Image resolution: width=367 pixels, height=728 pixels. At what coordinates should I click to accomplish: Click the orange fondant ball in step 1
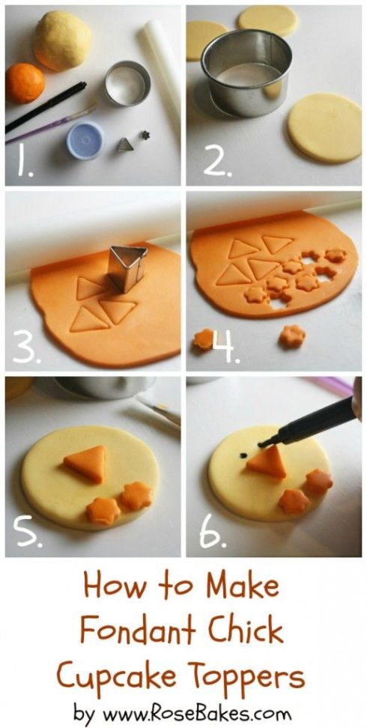pyautogui.click(x=25, y=83)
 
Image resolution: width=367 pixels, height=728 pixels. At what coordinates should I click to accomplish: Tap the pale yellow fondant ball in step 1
pyautogui.click(x=62, y=40)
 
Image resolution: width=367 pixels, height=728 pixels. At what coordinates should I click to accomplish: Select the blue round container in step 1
pyautogui.click(x=85, y=139)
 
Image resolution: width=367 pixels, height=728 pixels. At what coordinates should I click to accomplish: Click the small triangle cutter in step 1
pyautogui.click(x=125, y=145)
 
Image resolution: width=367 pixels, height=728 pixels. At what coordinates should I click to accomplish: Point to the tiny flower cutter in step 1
pyautogui.click(x=145, y=135)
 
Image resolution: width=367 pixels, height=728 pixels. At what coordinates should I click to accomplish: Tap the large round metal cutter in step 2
pyautogui.click(x=246, y=72)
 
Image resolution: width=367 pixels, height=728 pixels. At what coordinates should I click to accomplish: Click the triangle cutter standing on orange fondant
pyautogui.click(x=127, y=268)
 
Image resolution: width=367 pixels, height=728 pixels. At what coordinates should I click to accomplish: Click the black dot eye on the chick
pyautogui.click(x=243, y=456)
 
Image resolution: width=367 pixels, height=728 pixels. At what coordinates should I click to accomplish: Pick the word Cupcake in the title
pyautogui.click(x=117, y=676)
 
